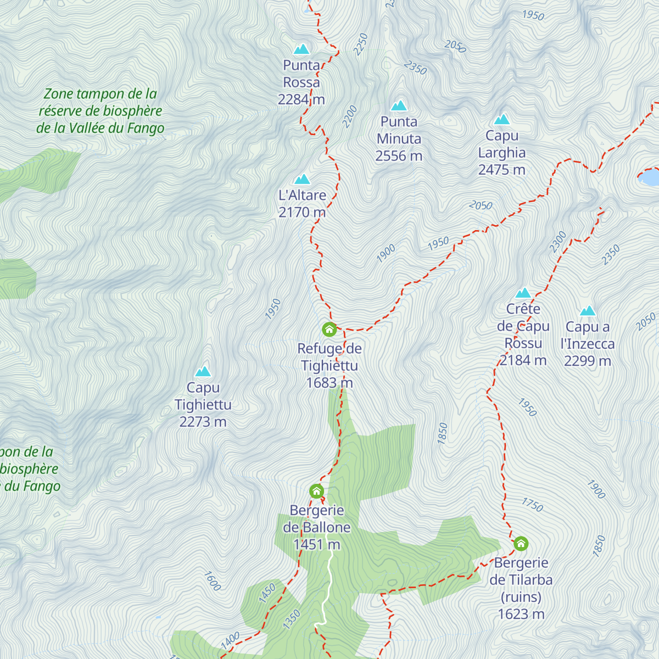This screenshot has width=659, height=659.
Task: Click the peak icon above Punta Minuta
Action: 399,105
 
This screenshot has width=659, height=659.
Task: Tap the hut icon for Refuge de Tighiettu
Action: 329,329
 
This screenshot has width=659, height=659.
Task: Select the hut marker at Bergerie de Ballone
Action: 316,491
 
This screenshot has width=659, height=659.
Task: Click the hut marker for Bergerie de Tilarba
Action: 521,544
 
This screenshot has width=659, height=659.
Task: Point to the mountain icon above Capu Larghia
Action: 501,120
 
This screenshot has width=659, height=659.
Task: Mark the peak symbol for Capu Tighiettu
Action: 203,372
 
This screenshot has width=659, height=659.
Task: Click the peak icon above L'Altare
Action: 302,180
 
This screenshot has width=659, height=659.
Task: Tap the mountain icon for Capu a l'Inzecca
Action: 588,311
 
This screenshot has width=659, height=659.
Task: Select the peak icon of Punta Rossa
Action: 301,49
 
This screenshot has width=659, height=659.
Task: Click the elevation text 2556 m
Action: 399,156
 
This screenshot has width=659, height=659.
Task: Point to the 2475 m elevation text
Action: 501,170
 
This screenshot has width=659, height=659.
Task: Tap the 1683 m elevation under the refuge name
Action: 329,383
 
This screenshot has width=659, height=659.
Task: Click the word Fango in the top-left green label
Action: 146,129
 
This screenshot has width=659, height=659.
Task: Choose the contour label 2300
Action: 558,242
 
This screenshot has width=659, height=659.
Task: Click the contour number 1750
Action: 532,505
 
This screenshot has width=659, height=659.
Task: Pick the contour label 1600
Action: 213,581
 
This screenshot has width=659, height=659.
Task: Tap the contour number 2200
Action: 349,116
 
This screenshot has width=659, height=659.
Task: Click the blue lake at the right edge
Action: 650,177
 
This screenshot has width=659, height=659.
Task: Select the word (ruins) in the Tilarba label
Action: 521,597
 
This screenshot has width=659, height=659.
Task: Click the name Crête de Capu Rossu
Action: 523,326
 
